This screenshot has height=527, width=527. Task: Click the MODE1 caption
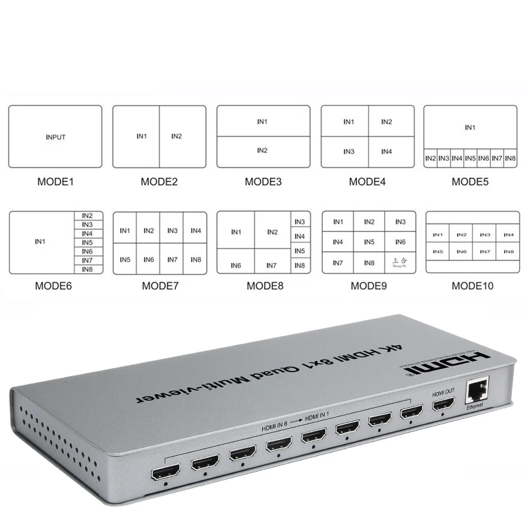pos(55,181)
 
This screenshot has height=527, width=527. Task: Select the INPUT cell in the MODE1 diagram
pos(55,138)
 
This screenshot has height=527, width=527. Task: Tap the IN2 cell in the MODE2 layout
pos(177,136)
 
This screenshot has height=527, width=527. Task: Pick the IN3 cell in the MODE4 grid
pos(348,152)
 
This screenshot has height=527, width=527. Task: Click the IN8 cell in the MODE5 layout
pos(511,158)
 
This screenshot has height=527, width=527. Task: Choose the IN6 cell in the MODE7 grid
pos(149,260)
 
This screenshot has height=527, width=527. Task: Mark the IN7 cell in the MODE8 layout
pos(271,265)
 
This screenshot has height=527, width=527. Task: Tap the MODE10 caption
pos(472,286)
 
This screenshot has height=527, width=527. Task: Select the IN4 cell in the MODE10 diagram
pos(508,235)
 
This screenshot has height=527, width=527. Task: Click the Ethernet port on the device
pos(475,393)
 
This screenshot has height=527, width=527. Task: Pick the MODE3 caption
pos(263,181)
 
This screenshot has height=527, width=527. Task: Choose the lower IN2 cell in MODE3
pos(262,151)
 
